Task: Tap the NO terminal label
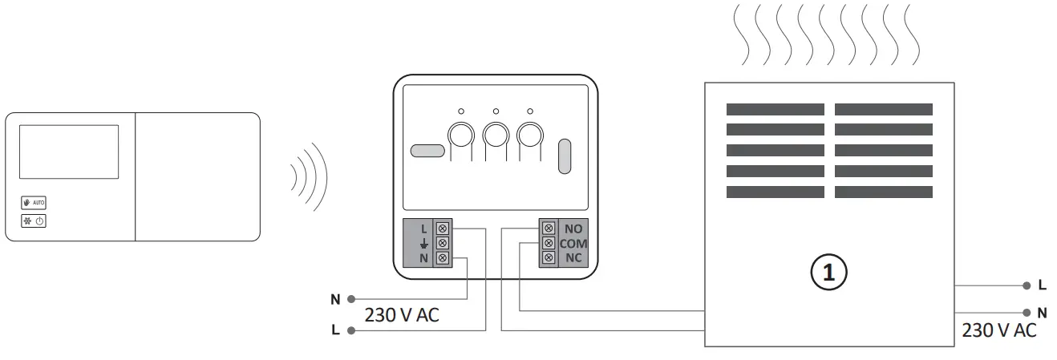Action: [x=573, y=228]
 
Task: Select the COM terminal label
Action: [x=574, y=243]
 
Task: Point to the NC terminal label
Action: [x=573, y=257]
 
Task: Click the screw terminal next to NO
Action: [x=549, y=228]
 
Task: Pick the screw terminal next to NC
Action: [x=549, y=257]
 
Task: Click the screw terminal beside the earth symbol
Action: [x=440, y=243]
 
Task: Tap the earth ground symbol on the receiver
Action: [x=424, y=243]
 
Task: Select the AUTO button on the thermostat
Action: [x=34, y=203]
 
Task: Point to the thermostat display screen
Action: [x=69, y=151]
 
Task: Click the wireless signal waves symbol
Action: [x=309, y=177]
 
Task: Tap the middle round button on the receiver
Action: [x=496, y=134]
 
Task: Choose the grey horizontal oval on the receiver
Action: [x=427, y=150]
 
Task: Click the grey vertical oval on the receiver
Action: [x=564, y=156]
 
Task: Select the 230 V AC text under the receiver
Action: [x=402, y=315]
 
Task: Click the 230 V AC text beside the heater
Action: [x=998, y=330]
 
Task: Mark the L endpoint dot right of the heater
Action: [x=1027, y=285]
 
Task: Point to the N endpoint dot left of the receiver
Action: [x=350, y=299]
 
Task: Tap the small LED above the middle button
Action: [x=496, y=111]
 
